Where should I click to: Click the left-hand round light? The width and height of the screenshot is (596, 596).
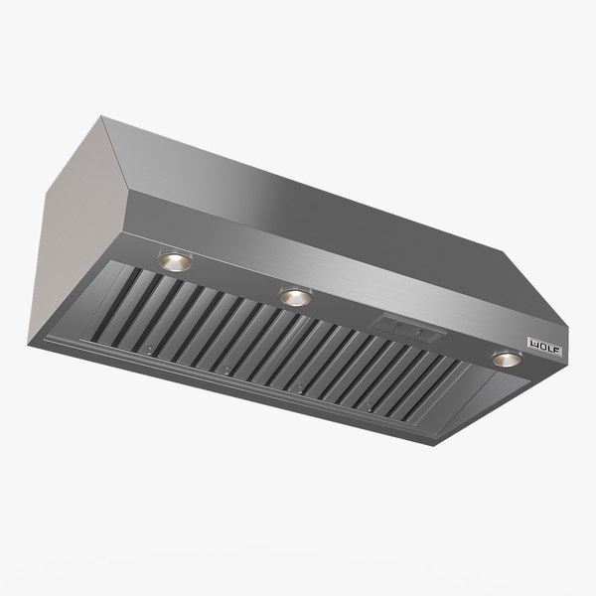click(x=175, y=260)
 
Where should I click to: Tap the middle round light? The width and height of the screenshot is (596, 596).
click(x=294, y=296)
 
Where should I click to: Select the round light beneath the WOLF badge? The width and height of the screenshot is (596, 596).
click(x=507, y=358)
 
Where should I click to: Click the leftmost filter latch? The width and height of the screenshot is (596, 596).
click(x=146, y=350)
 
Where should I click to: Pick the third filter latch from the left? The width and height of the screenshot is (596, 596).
click(x=299, y=387)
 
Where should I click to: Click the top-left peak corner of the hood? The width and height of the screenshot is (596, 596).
click(x=101, y=116)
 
